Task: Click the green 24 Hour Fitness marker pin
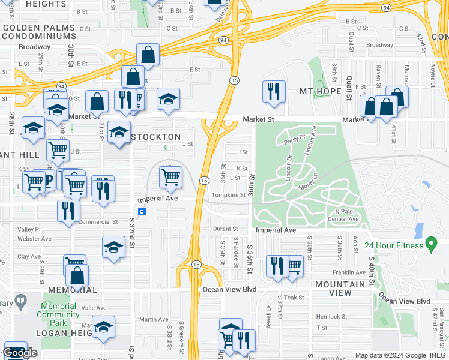click(x=430, y=244)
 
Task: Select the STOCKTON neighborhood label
click(x=155, y=137)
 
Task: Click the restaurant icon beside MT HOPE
click(x=273, y=91)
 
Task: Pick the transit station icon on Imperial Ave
click(x=142, y=211)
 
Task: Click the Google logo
click(x=20, y=353)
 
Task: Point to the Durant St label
click(x=226, y=229)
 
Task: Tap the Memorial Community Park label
click(x=58, y=310)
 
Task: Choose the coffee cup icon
click(x=46, y=179)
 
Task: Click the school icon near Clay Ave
click(x=113, y=247)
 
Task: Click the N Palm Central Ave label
click(x=343, y=215)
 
